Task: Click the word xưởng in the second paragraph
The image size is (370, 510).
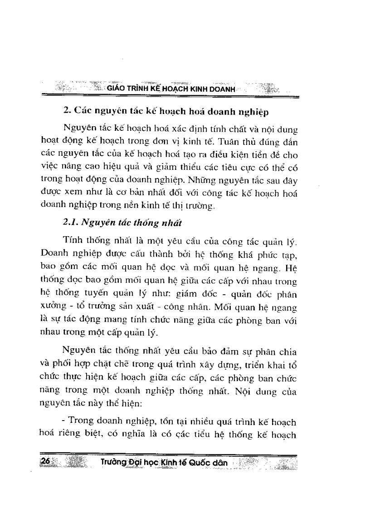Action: [51, 307]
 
